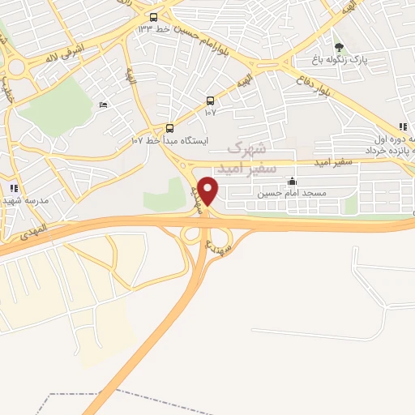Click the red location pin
coord(207,190)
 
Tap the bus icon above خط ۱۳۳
coord(154,16)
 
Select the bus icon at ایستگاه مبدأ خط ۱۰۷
coord(169,128)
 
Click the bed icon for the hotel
coord(102,105)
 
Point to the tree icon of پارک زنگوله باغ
coord(339,47)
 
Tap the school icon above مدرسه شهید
coord(14,187)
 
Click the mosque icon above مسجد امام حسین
coord(292,182)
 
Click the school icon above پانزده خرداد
coord(402,126)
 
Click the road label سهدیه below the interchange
coord(220,247)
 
